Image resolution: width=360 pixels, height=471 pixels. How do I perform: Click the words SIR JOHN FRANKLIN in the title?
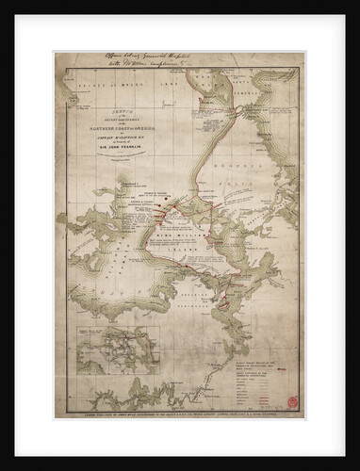[x=109, y=151]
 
